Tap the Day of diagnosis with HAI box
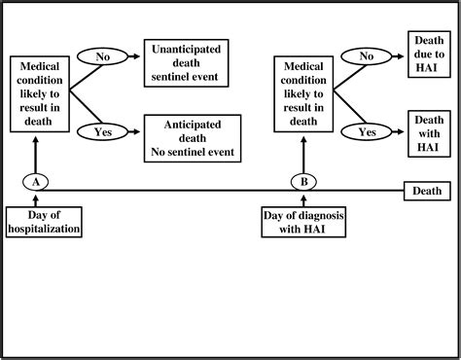pyautogui.click(x=303, y=221)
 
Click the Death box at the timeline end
pyautogui.click(x=427, y=190)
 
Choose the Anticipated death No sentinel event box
pyautogui.click(x=191, y=137)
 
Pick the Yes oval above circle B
pyautogui.click(x=366, y=130)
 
